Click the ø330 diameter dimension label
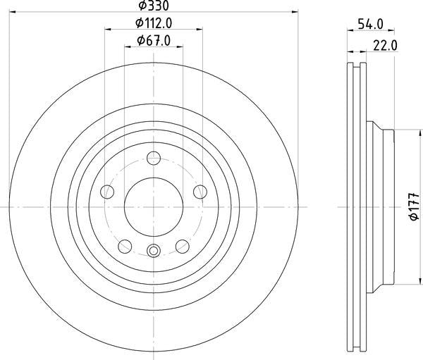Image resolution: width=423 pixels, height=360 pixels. coord(154,6)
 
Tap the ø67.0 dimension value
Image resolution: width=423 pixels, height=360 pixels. coord(154,40)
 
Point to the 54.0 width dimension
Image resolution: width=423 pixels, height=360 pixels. coord(370,24)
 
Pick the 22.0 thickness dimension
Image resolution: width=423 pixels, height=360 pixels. coord(385,46)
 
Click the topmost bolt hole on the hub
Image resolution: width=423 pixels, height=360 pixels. coord(154,158)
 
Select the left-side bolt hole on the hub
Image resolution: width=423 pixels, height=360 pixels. coord(107,192)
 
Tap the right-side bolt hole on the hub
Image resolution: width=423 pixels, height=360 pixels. coord(200,192)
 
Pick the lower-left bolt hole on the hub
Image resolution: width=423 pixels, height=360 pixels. coord(125,246)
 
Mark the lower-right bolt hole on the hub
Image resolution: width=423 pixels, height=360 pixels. coord(182,246)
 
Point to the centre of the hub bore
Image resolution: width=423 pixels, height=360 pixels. coord(154,206)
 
